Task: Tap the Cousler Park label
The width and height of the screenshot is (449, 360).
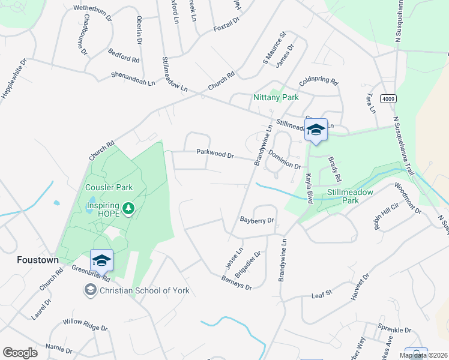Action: point(109,187)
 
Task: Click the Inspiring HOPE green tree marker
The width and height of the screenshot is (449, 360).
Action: point(128,208)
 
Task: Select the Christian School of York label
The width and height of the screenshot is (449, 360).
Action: point(144,290)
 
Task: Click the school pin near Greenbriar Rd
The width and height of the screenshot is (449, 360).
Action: point(101,260)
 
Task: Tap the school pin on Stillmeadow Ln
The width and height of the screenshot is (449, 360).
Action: point(316,129)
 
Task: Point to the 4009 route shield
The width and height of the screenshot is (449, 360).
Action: point(388,98)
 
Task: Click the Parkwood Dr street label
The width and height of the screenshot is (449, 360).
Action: point(215,154)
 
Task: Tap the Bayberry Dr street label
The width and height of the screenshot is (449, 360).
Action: point(256,220)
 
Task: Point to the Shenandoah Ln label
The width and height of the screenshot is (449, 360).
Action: point(133,78)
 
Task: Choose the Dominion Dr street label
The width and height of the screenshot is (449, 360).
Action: point(285,160)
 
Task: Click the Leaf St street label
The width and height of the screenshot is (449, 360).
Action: point(322,295)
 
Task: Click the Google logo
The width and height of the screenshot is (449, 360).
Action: point(20,353)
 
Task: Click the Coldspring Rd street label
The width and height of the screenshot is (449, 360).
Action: point(319,82)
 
